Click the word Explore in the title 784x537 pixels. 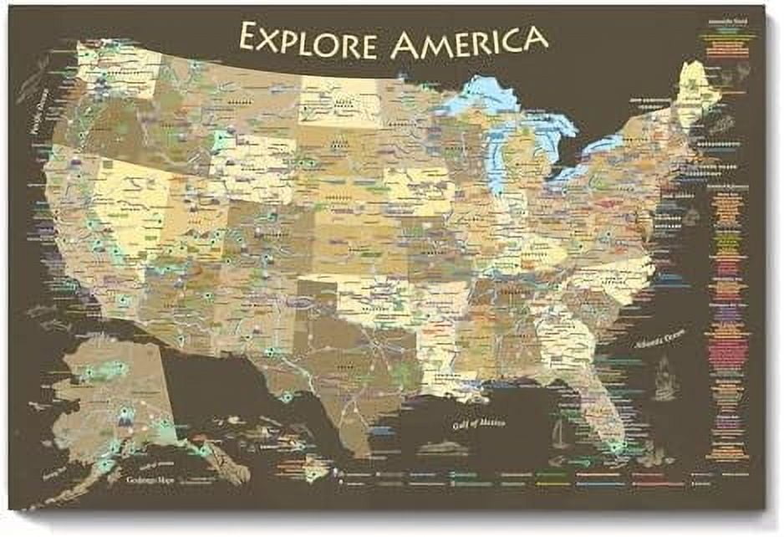(307, 38)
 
